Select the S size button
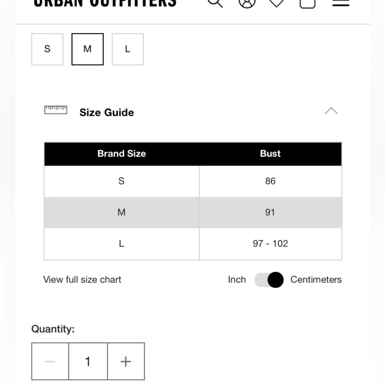pyautogui.click(x=47, y=49)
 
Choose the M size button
pyautogui.click(x=87, y=49)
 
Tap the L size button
pyautogui.click(x=127, y=49)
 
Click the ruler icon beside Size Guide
pyautogui.click(x=56, y=110)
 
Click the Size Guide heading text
pyautogui.click(x=107, y=112)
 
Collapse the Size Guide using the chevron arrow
pyautogui.click(x=331, y=111)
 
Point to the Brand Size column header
pyautogui.click(x=122, y=154)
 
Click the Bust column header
pyautogui.click(x=270, y=154)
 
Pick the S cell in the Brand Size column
pyautogui.click(x=121, y=181)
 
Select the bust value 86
pyautogui.click(x=270, y=181)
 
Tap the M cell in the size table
pyautogui.click(x=121, y=212)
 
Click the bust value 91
pyautogui.click(x=270, y=212)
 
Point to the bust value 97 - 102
pyautogui.click(x=270, y=243)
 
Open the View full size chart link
pyautogui.click(x=82, y=280)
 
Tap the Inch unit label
pyautogui.click(x=237, y=280)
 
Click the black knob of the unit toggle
pyautogui.click(x=275, y=280)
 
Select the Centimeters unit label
pyautogui.click(x=316, y=280)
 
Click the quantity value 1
pyautogui.click(x=88, y=362)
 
